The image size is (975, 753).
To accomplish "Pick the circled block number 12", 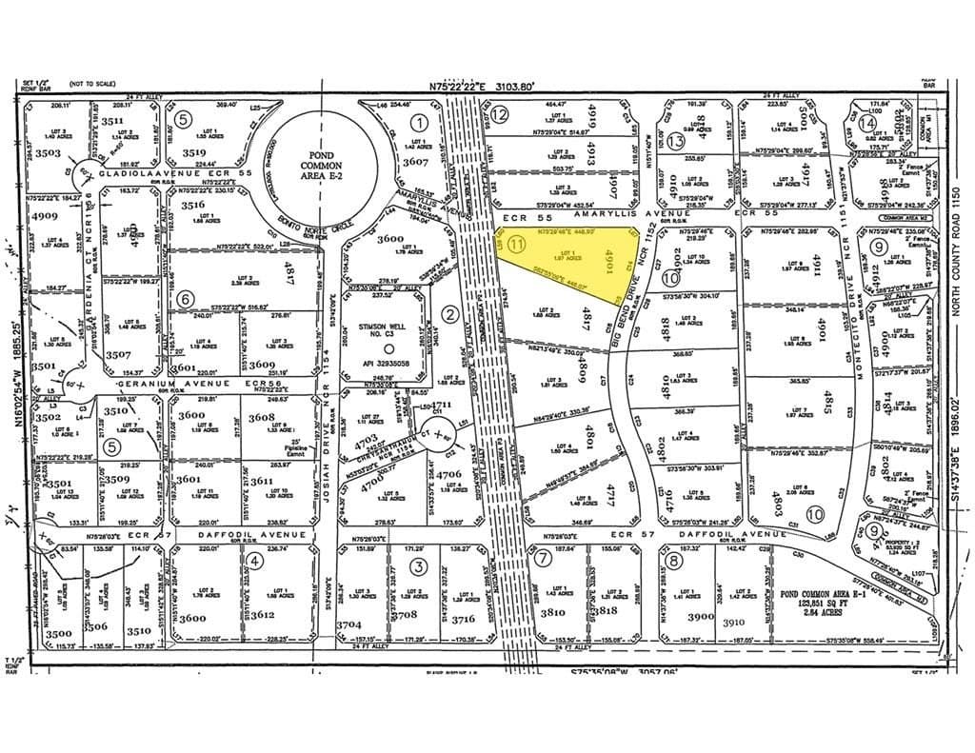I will pyautogui.click(x=499, y=114).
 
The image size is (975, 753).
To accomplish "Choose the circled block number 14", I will pyautogui.click(x=866, y=123).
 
